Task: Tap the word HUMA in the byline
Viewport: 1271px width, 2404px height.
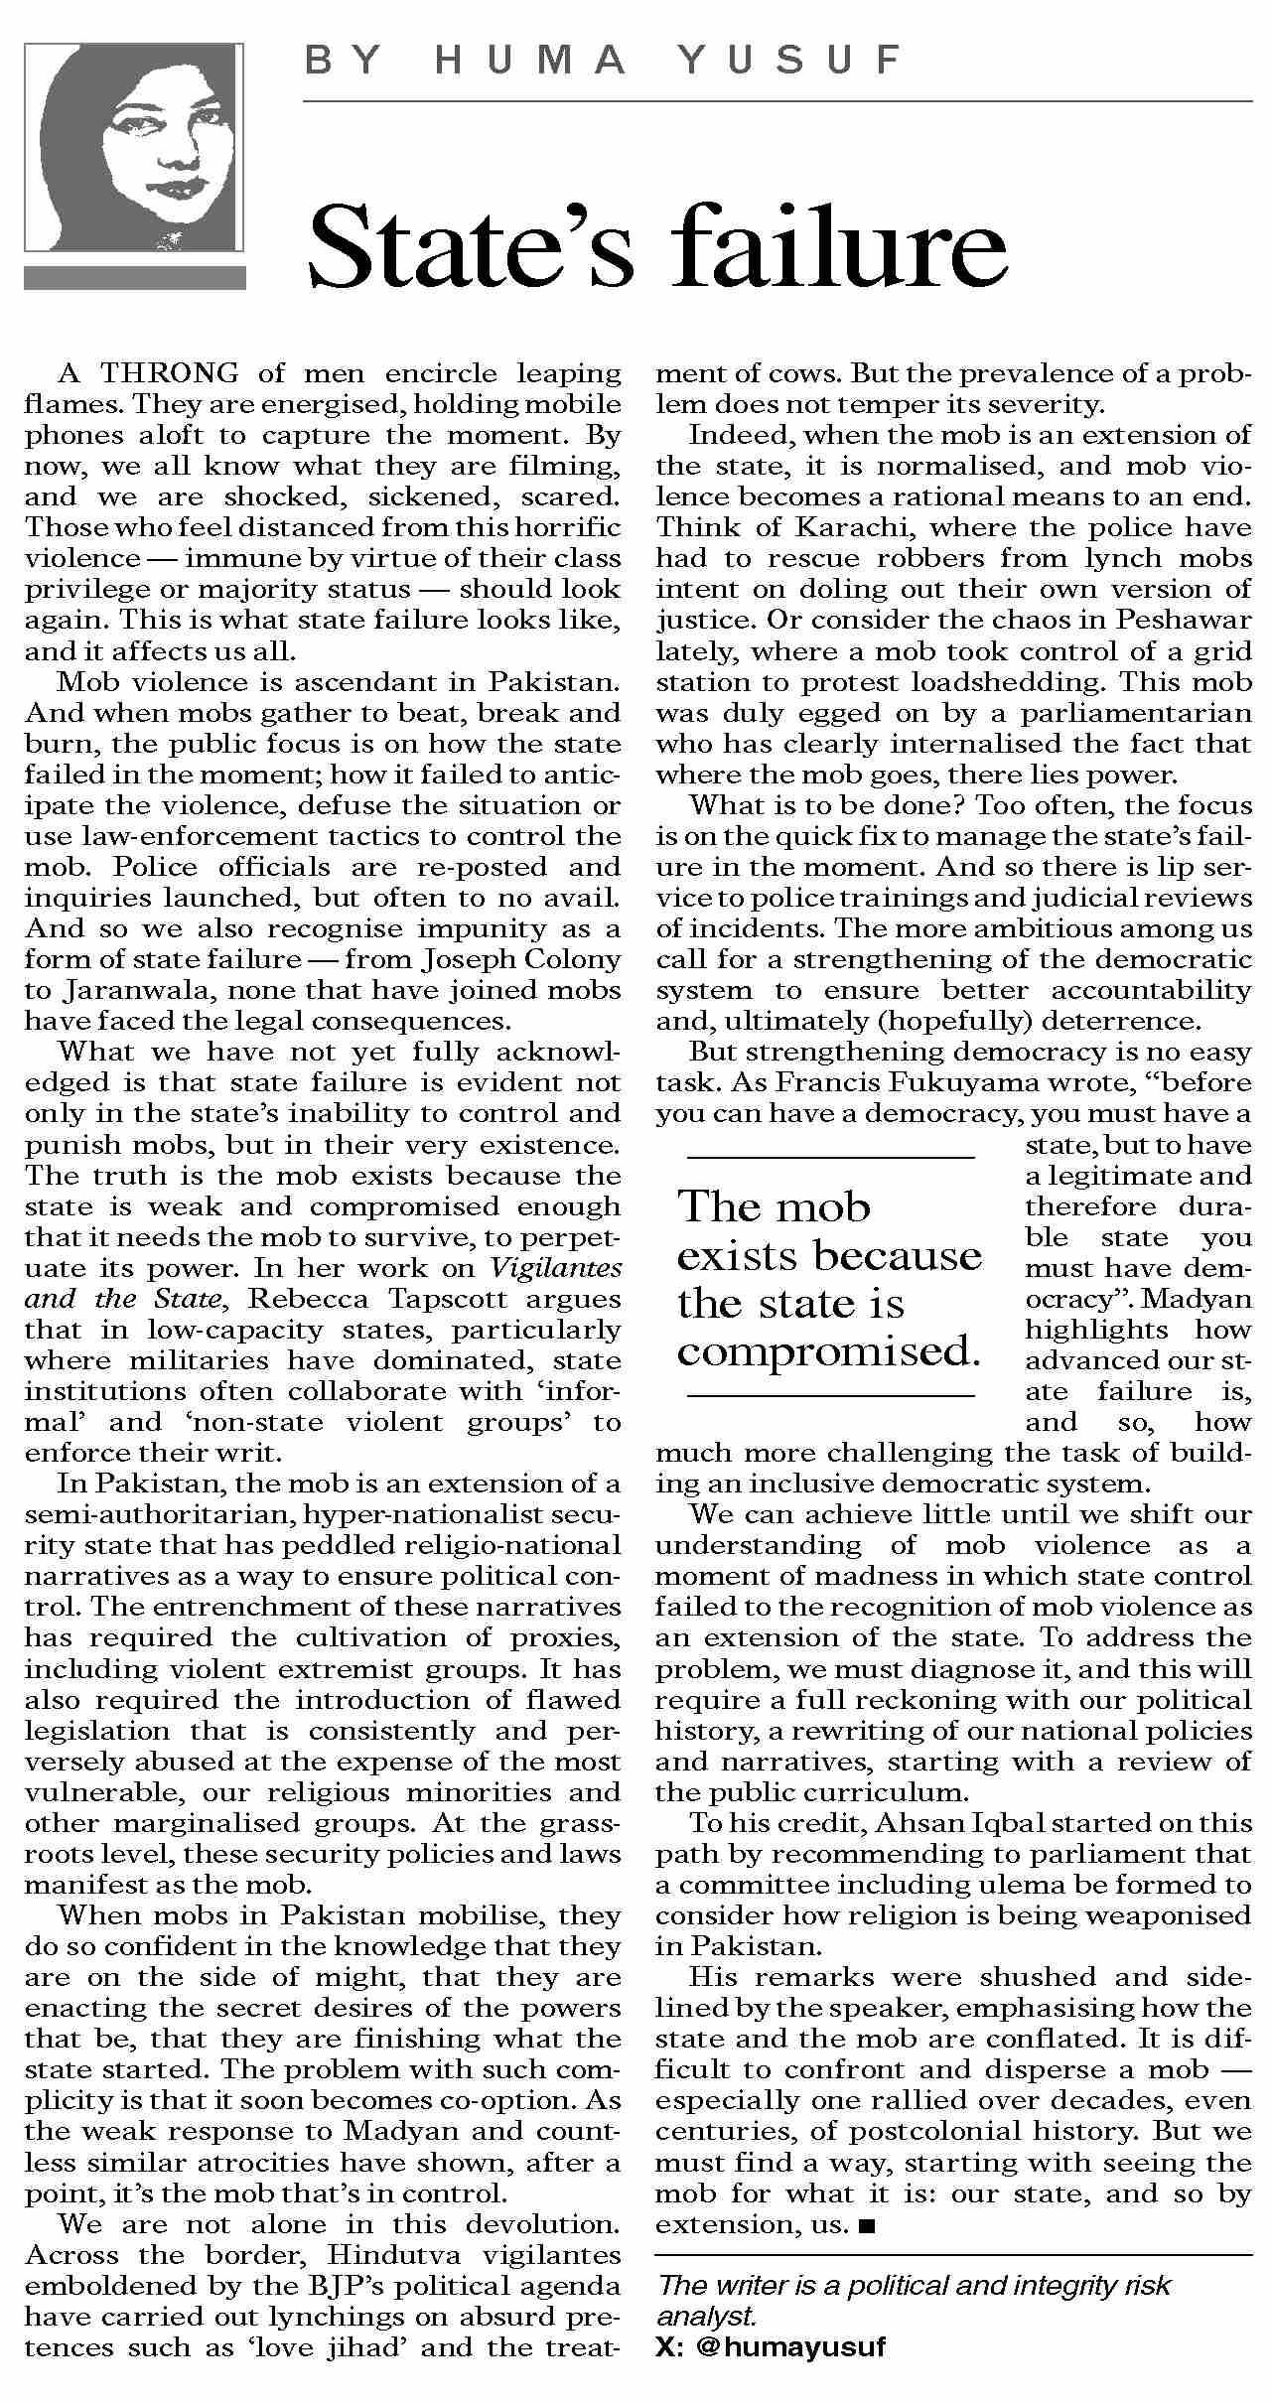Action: [x=530, y=62]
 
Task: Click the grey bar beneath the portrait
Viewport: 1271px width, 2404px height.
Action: [x=134, y=277]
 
